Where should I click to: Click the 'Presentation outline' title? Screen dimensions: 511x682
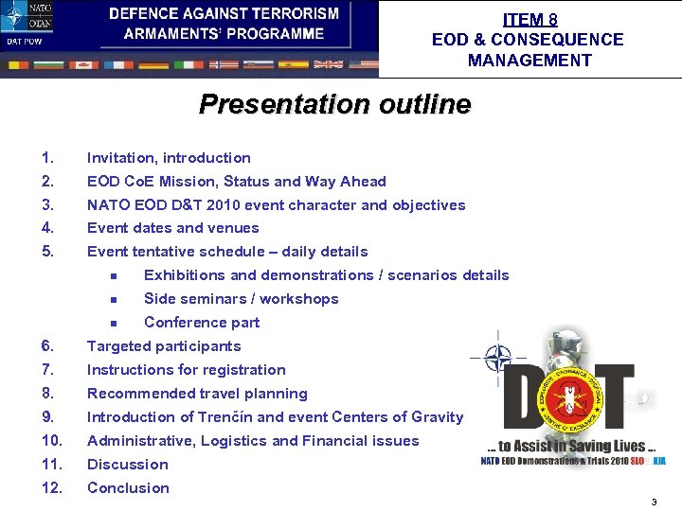pos(334,104)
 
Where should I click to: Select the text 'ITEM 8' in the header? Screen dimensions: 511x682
pos(529,19)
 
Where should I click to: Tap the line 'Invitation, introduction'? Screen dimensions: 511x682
pos(169,158)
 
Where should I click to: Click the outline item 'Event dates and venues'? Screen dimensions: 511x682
pos(172,228)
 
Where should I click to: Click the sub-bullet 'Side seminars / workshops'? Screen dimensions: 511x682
pos(241,299)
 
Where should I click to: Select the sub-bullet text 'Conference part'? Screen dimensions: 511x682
pos(201,323)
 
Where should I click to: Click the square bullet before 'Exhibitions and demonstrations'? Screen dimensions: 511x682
pos(112,276)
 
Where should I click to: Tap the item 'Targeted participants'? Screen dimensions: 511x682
pos(164,346)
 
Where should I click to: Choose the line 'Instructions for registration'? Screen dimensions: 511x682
pos(186,370)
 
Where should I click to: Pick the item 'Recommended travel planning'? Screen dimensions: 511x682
pos(197,394)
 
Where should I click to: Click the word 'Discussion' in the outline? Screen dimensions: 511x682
pos(128,465)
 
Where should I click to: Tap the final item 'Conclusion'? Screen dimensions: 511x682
pos(128,488)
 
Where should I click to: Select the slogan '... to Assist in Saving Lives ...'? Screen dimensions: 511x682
pos(565,446)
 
